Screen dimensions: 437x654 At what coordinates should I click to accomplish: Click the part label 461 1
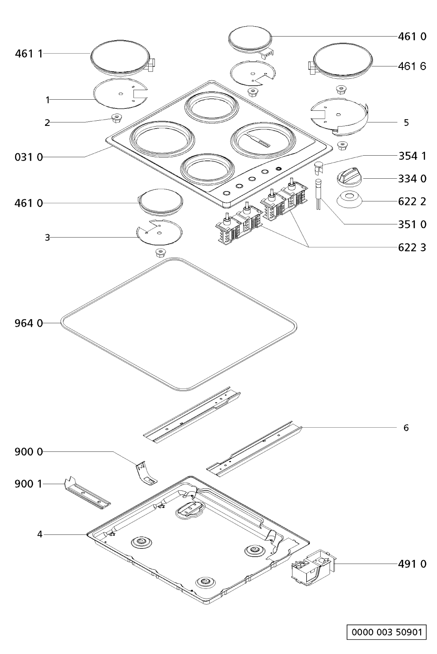point(29,54)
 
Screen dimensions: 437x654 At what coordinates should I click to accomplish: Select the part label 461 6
point(412,66)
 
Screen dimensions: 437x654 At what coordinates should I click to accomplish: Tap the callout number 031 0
point(29,157)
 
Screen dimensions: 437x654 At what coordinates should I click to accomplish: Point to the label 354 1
point(412,156)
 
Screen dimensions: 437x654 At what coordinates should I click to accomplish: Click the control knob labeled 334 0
point(349,177)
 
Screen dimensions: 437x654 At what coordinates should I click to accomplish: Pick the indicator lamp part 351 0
point(317,194)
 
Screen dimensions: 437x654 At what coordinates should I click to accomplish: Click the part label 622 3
point(412,248)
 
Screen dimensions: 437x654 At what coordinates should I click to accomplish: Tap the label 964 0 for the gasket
point(29,324)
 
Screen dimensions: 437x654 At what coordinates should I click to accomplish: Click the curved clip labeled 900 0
point(146,473)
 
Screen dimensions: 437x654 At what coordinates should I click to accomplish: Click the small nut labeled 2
point(116,118)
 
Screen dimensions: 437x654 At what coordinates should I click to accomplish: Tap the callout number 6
point(406,428)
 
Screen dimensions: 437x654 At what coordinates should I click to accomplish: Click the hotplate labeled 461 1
point(122,59)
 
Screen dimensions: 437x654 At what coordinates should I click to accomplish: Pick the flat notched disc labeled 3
point(159,232)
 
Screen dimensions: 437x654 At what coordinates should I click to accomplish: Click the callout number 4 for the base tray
point(40,534)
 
